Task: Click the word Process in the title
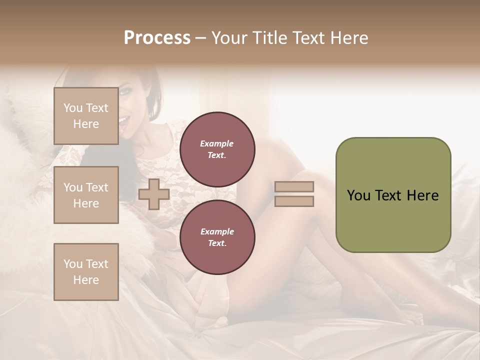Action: [157, 38]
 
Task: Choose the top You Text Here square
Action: [86, 116]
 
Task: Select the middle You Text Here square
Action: [86, 195]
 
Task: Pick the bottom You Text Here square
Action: [86, 272]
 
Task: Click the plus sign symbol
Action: [154, 193]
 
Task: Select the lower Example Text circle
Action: [217, 237]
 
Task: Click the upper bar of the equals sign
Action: [294, 186]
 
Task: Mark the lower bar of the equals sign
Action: [294, 201]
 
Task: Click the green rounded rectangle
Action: [393, 194]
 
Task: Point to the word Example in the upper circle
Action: [217, 143]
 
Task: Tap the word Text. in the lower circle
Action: [217, 243]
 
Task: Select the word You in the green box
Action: [358, 195]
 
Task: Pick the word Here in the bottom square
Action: [86, 280]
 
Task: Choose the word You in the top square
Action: [72, 108]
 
